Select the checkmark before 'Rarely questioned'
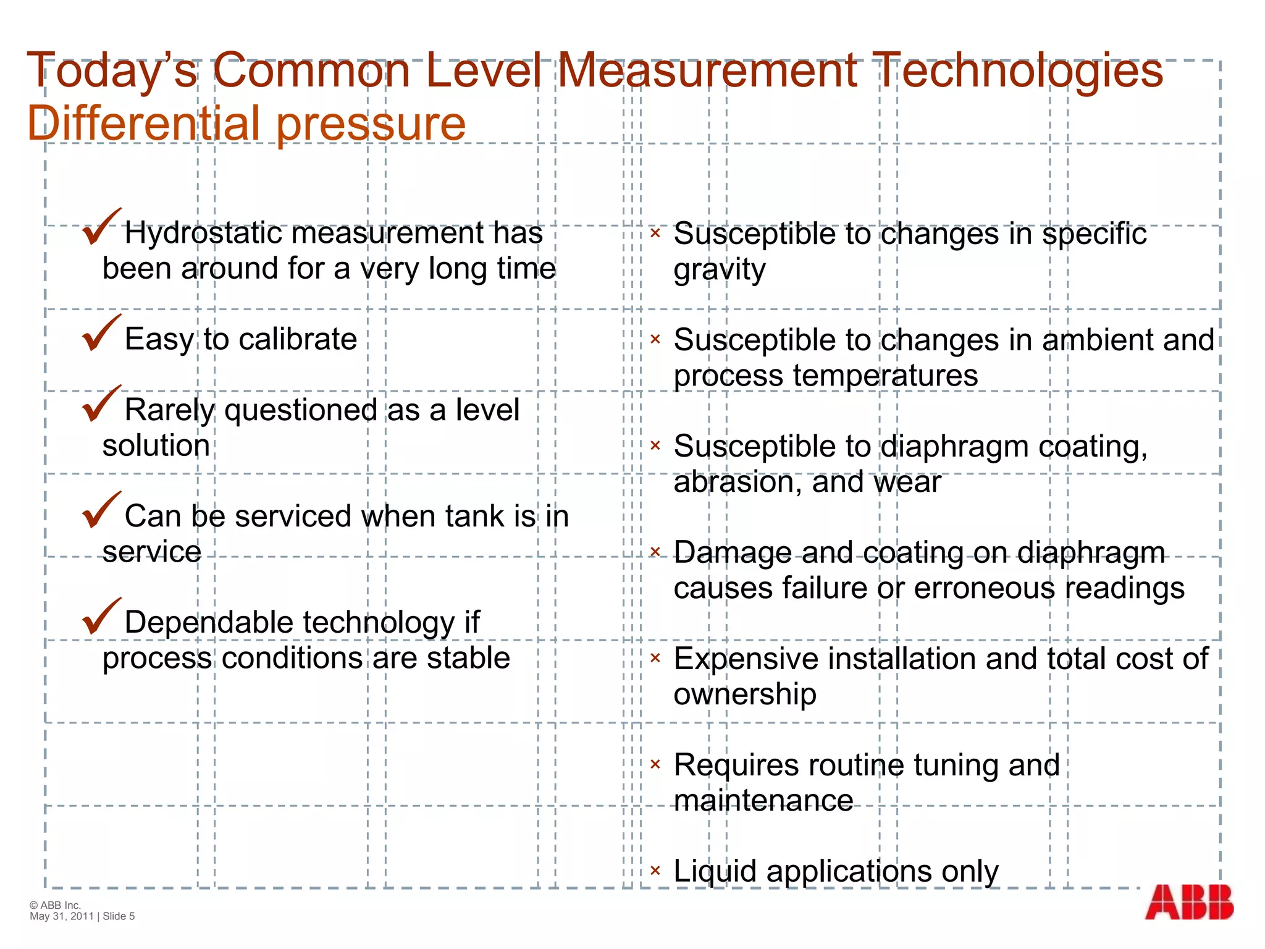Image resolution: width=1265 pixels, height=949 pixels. pyautogui.click(x=101, y=404)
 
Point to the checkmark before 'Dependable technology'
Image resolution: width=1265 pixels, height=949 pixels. pyautogui.click(x=101, y=617)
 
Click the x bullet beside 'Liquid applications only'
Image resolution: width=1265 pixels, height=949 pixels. pyautogui.click(x=655, y=871)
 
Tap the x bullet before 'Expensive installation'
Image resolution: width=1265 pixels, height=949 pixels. pyautogui.click(x=655, y=658)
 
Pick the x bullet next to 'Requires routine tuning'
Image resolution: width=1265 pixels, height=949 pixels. pyautogui.click(x=655, y=764)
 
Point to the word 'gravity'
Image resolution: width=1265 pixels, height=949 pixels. pyautogui.click(x=720, y=271)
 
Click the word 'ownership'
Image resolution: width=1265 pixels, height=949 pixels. pyautogui.click(x=744, y=694)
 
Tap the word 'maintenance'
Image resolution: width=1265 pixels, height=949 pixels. pyautogui.click(x=763, y=801)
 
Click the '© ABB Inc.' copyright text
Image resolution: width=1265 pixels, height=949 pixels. pyautogui.click(x=56, y=905)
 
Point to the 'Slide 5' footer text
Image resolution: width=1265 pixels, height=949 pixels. pyautogui.click(x=119, y=916)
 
